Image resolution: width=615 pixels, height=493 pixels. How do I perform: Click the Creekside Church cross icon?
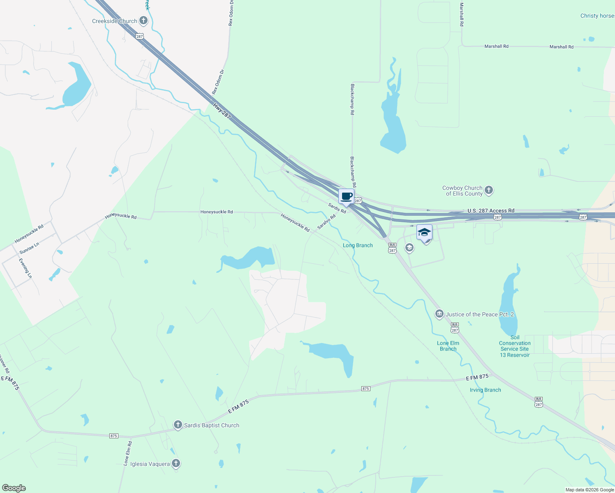[x=143, y=20]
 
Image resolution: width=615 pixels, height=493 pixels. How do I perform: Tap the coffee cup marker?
[x=347, y=196]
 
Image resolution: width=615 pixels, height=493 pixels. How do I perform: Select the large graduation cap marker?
[x=424, y=233]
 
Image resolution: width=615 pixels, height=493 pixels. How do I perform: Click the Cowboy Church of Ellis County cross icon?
[x=489, y=190]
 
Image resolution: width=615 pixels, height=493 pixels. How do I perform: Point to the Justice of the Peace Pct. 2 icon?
[x=439, y=314]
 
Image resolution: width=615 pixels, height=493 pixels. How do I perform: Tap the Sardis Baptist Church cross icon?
[x=178, y=425]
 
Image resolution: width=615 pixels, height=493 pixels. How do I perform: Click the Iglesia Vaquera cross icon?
[x=176, y=463]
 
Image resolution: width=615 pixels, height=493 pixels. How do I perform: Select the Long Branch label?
[x=358, y=245]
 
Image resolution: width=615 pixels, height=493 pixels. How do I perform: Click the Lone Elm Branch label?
[x=448, y=346]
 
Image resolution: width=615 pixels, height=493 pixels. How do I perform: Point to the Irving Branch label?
[x=485, y=390]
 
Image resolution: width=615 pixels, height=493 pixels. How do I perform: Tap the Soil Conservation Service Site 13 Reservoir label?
[x=515, y=346]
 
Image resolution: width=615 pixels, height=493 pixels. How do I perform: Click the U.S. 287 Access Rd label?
[x=490, y=211]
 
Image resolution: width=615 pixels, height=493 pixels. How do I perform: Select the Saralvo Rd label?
[x=326, y=222]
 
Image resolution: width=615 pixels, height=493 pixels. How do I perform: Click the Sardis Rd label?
[x=337, y=208]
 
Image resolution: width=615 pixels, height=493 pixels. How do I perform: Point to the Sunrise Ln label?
[x=29, y=248]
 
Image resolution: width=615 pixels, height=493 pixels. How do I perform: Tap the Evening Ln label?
[x=25, y=268]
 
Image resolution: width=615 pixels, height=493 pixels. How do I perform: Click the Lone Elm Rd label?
[x=128, y=453]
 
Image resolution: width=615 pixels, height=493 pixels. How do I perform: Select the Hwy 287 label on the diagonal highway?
[x=222, y=111]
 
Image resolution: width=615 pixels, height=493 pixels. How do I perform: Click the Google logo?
[x=14, y=488]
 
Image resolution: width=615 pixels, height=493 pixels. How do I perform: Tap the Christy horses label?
[x=597, y=16]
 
